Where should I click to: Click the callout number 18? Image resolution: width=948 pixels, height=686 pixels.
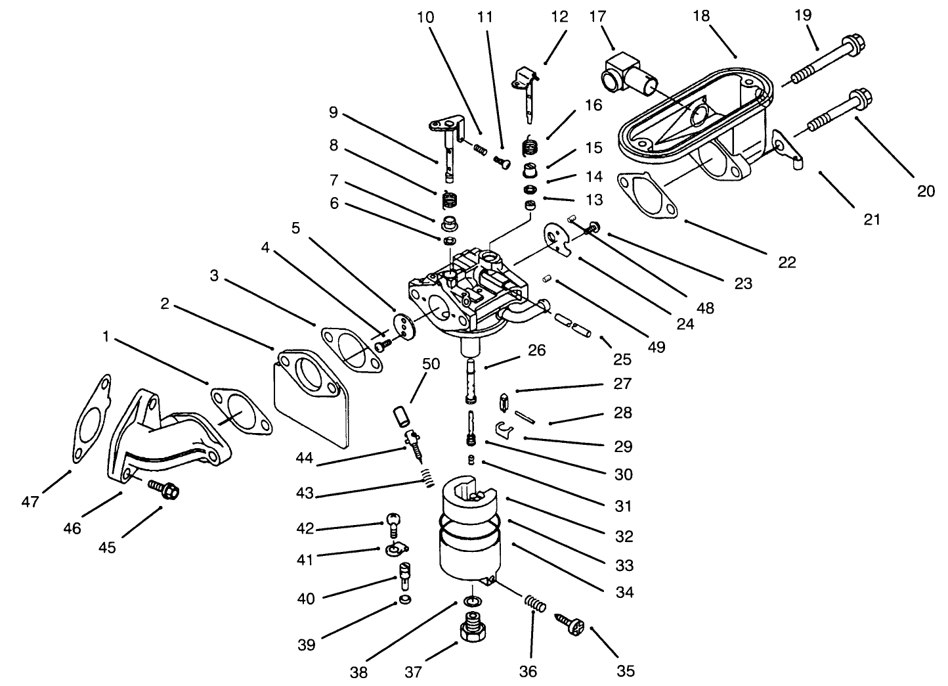(x=701, y=15)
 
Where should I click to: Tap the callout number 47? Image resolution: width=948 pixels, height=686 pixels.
(x=30, y=502)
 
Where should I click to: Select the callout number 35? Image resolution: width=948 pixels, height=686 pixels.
(x=625, y=671)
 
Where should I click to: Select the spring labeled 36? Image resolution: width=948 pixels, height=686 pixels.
(x=534, y=603)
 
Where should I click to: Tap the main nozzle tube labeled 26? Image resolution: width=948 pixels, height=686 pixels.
(x=471, y=381)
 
